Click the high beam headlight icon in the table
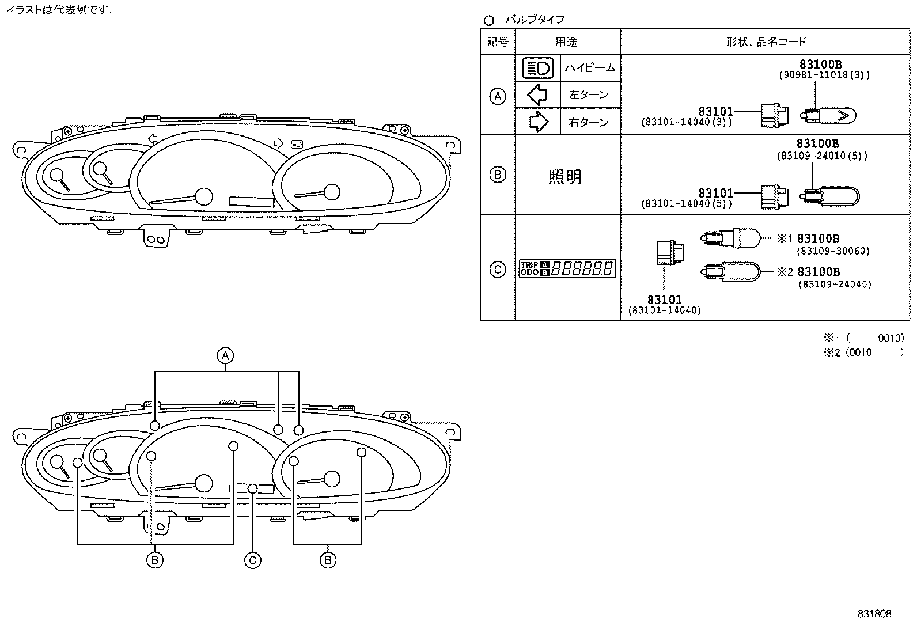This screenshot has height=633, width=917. pyautogui.click(x=537, y=69)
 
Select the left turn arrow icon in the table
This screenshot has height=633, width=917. pyautogui.click(x=537, y=94)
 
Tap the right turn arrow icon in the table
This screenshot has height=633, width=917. pyautogui.click(x=538, y=122)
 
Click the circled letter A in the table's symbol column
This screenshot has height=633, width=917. pyautogui.click(x=498, y=96)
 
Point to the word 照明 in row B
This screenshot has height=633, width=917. pyautogui.click(x=565, y=176)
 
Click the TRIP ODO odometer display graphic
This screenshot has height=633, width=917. pyautogui.click(x=567, y=268)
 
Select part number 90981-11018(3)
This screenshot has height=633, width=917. pyautogui.click(x=824, y=75)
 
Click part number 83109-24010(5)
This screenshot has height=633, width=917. pyautogui.click(x=821, y=156)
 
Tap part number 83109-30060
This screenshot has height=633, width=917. pyautogui.click(x=833, y=251)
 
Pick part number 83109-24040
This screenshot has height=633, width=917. pyautogui.click(x=834, y=284)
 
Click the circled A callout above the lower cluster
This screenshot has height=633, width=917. pyautogui.click(x=225, y=355)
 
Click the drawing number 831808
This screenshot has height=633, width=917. pyautogui.click(x=874, y=614)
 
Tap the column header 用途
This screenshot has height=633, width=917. pyautogui.click(x=566, y=41)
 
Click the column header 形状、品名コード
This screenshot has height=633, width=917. pyautogui.click(x=766, y=41)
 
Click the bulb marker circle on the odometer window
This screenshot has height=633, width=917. pyautogui.click(x=252, y=488)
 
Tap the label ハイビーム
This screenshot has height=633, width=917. pyautogui.click(x=590, y=68)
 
